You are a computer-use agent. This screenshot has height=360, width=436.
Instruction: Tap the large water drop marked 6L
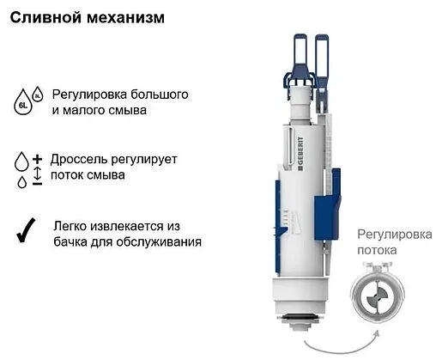tap(22, 106)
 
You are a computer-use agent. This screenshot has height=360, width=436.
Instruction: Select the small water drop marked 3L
tap(37, 93)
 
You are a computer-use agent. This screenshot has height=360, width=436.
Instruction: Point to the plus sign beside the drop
tap(37, 161)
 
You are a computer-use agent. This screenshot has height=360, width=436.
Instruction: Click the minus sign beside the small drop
tap(37, 184)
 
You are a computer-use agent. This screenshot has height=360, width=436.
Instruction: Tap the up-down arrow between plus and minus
tap(37, 172)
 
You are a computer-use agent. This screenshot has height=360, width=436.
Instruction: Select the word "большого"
tap(159, 94)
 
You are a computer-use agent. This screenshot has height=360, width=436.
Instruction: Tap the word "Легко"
tap(71, 226)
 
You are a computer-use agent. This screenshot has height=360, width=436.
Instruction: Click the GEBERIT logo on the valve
tap(298, 156)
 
